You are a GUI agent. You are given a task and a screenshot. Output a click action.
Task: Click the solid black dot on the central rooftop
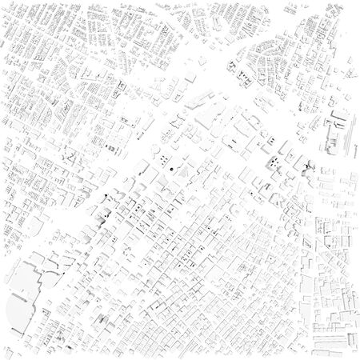point(170,170)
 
